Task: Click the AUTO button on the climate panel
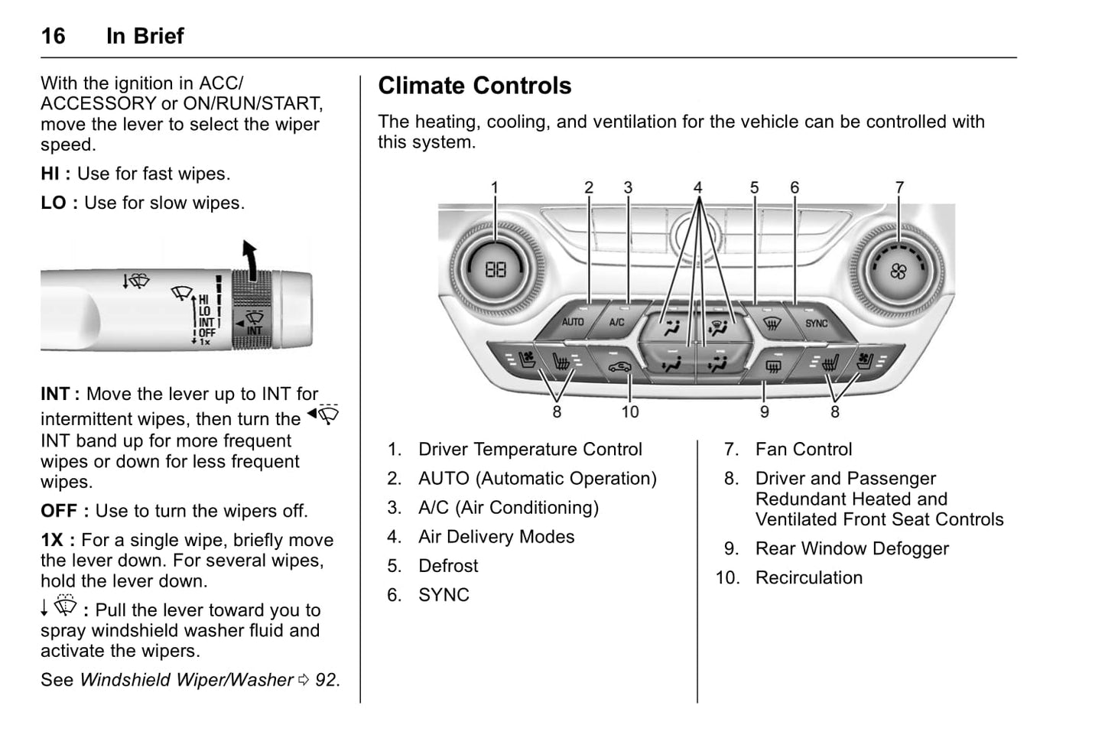coord(572,323)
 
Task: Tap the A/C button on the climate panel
coord(616,323)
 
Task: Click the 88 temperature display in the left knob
coord(496,269)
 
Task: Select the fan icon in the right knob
coord(899,271)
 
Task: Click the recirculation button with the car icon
coord(619,366)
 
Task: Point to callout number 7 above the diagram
coord(899,187)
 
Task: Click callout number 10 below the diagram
coord(629,412)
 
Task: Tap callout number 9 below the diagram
coord(764,412)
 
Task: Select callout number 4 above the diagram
coord(697,187)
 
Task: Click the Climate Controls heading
coord(474,86)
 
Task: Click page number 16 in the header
coord(53,36)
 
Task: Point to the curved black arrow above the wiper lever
coord(249,256)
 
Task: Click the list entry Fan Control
coord(803,450)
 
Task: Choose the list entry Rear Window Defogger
coord(851,549)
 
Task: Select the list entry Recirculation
coord(808,578)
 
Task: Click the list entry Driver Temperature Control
coord(530,450)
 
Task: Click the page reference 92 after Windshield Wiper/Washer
coord(326,680)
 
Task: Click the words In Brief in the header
coord(145,36)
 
